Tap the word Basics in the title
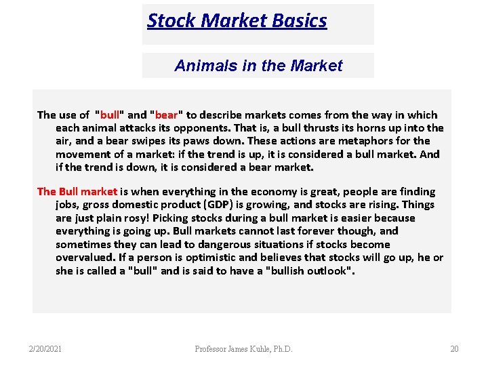click(299, 21)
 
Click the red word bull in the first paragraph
click(110, 115)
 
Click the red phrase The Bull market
click(77, 192)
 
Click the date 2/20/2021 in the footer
click(45, 349)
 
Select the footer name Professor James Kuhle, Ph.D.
click(244, 349)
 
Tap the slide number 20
click(454, 349)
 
